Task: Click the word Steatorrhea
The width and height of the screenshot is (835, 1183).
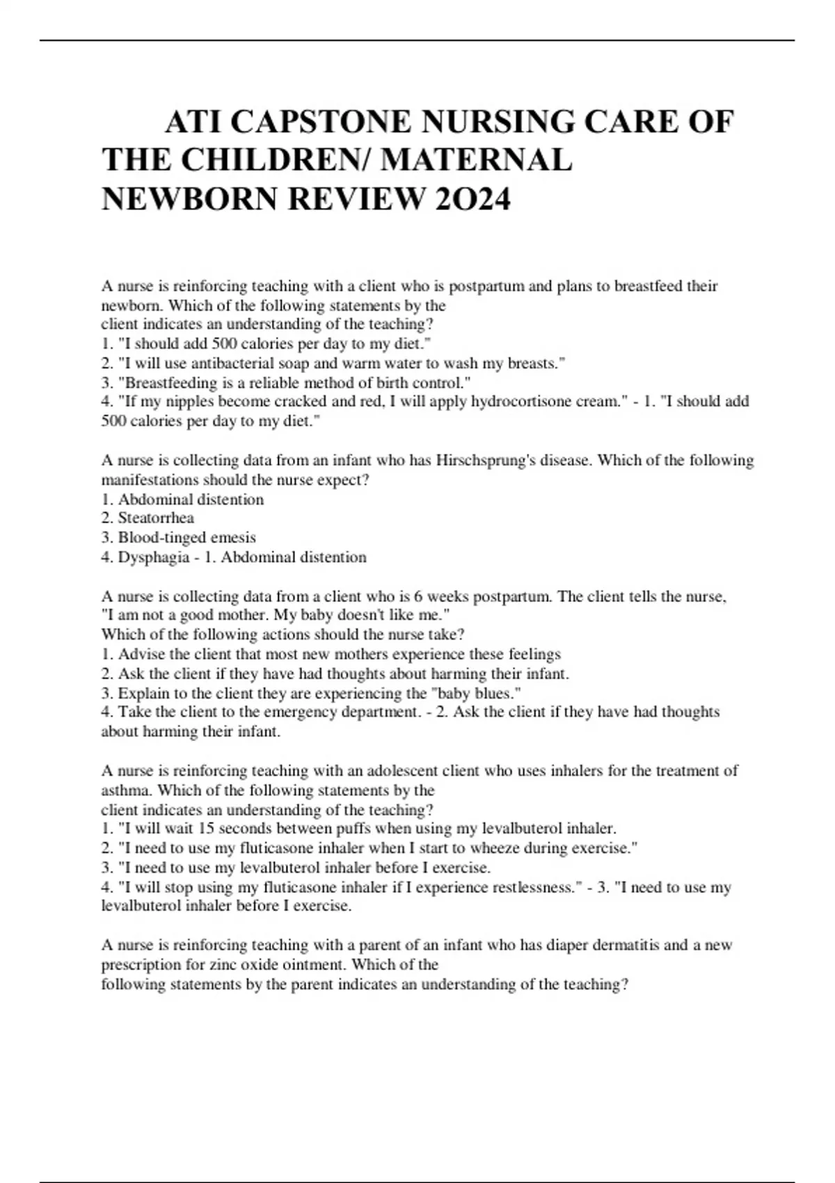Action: (x=156, y=518)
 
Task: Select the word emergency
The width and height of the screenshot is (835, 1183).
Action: (x=289, y=713)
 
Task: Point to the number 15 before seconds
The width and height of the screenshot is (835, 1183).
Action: (x=205, y=829)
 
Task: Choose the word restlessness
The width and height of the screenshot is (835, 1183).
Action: (x=525, y=888)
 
